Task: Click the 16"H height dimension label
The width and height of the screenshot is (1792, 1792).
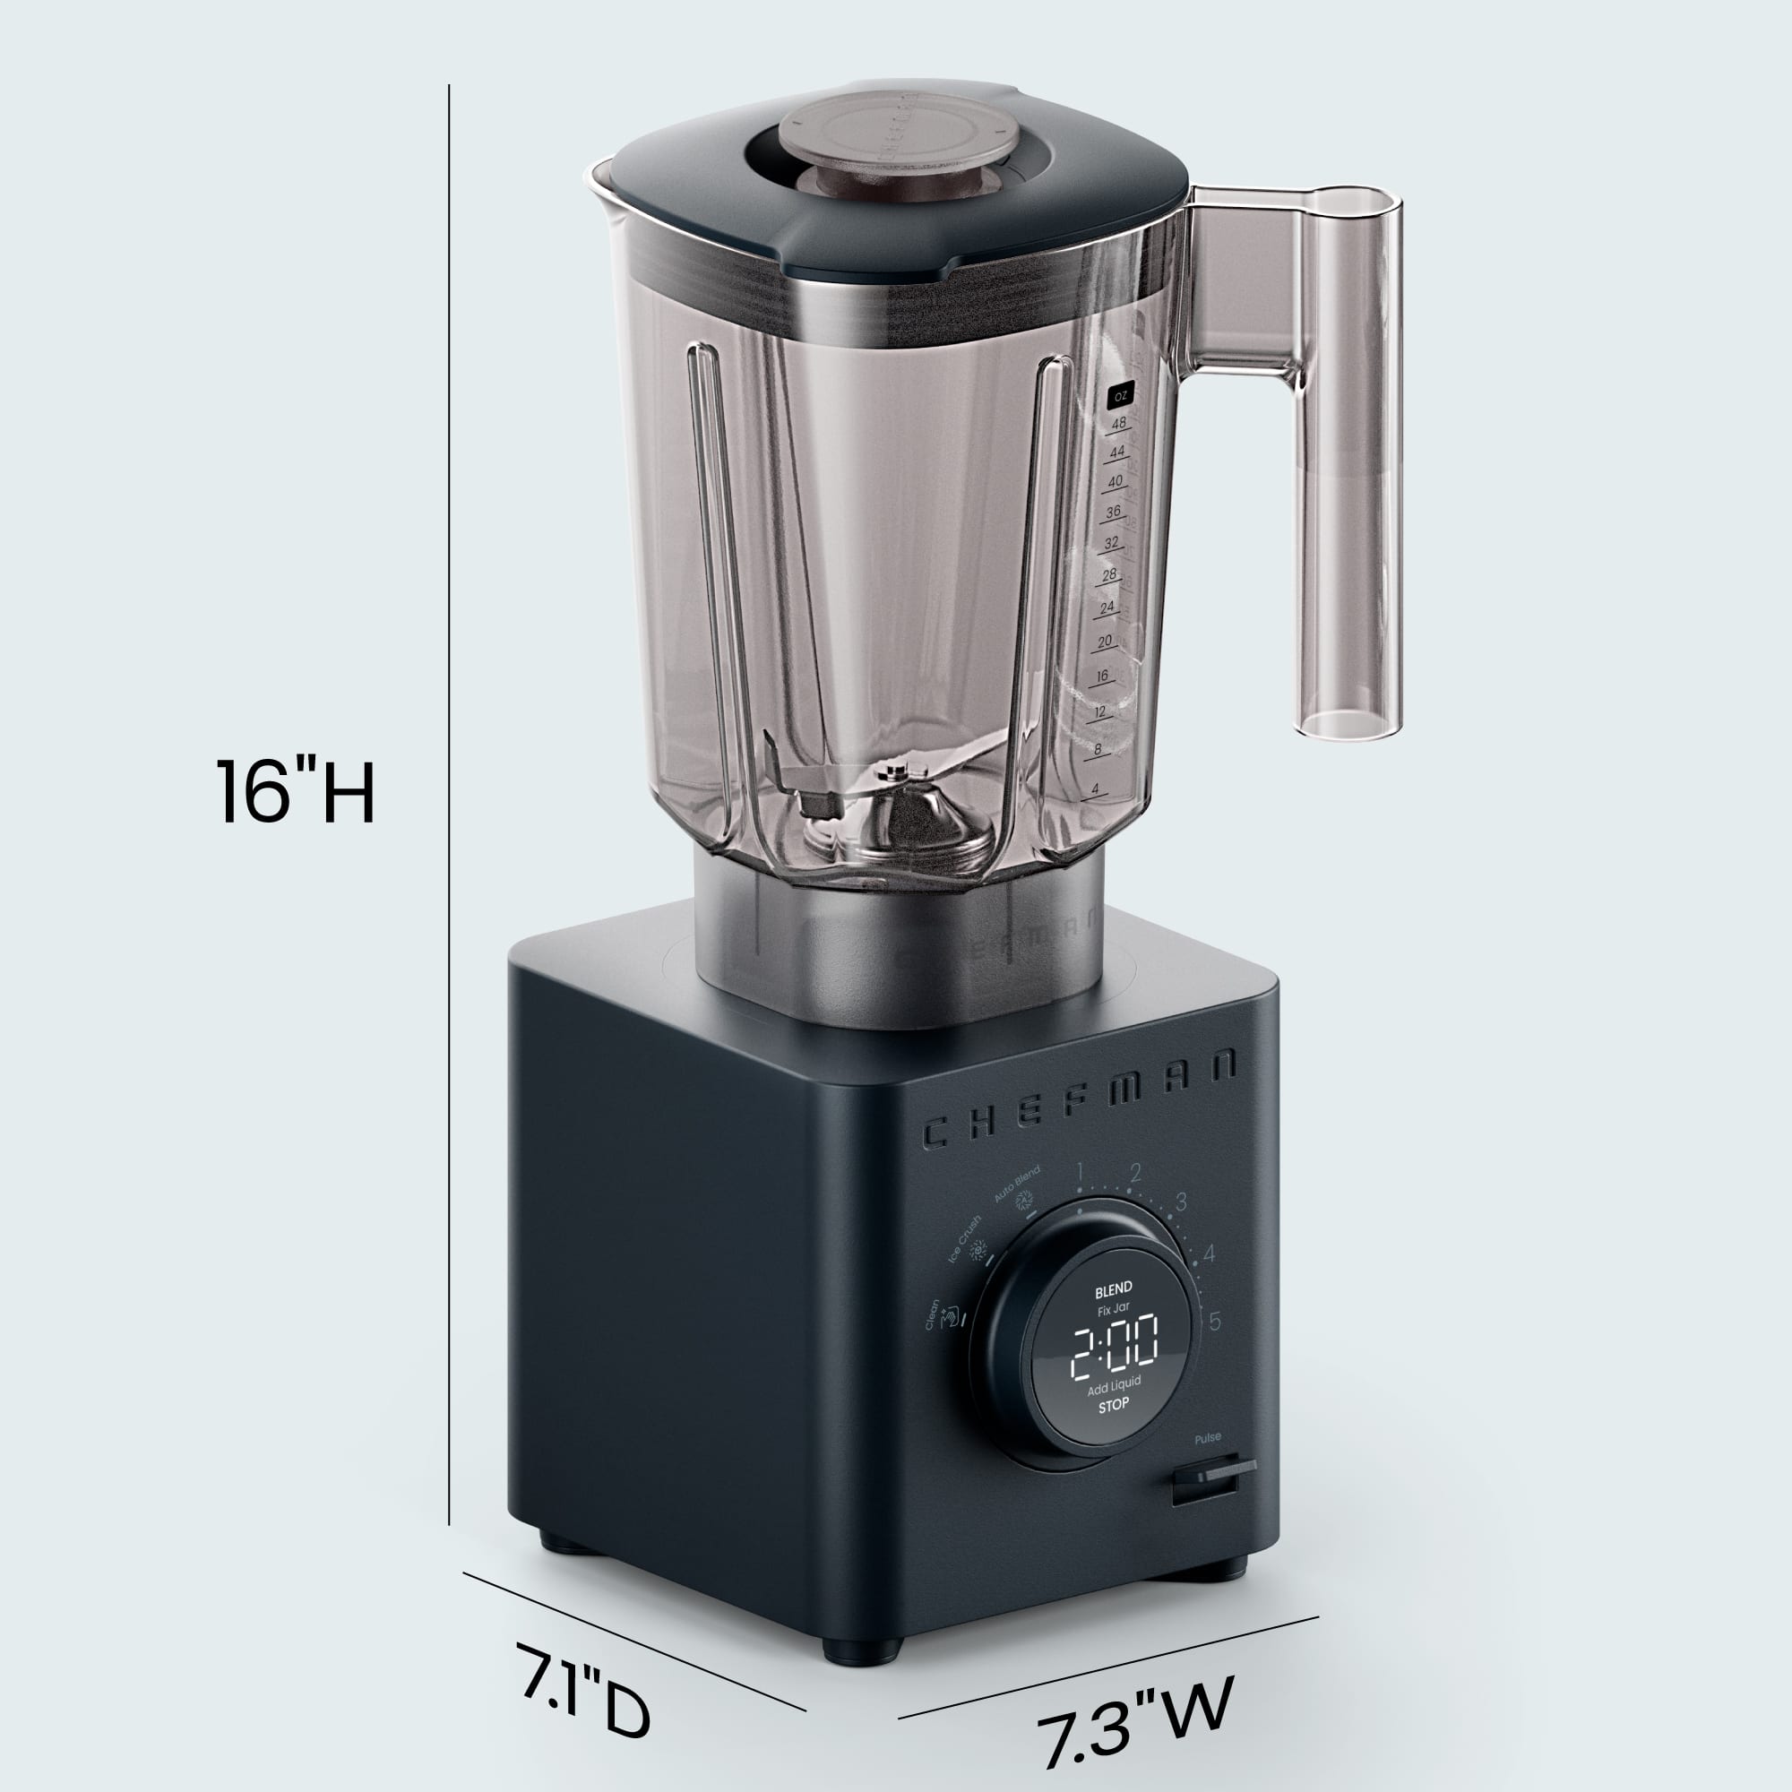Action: tap(295, 791)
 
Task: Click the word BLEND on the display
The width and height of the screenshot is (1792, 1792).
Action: tap(1113, 1288)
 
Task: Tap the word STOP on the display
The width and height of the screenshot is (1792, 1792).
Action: tap(1113, 1404)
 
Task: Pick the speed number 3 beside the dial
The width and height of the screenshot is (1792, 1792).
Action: tap(1181, 1202)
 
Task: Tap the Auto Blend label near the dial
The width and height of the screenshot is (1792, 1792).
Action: tap(1018, 1185)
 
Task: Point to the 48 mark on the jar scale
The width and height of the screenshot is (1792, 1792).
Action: tap(1118, 423)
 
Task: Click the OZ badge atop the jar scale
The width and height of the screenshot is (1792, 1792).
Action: tap(1121, 396)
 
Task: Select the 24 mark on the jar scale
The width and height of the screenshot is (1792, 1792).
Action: tap(1107, 607)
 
